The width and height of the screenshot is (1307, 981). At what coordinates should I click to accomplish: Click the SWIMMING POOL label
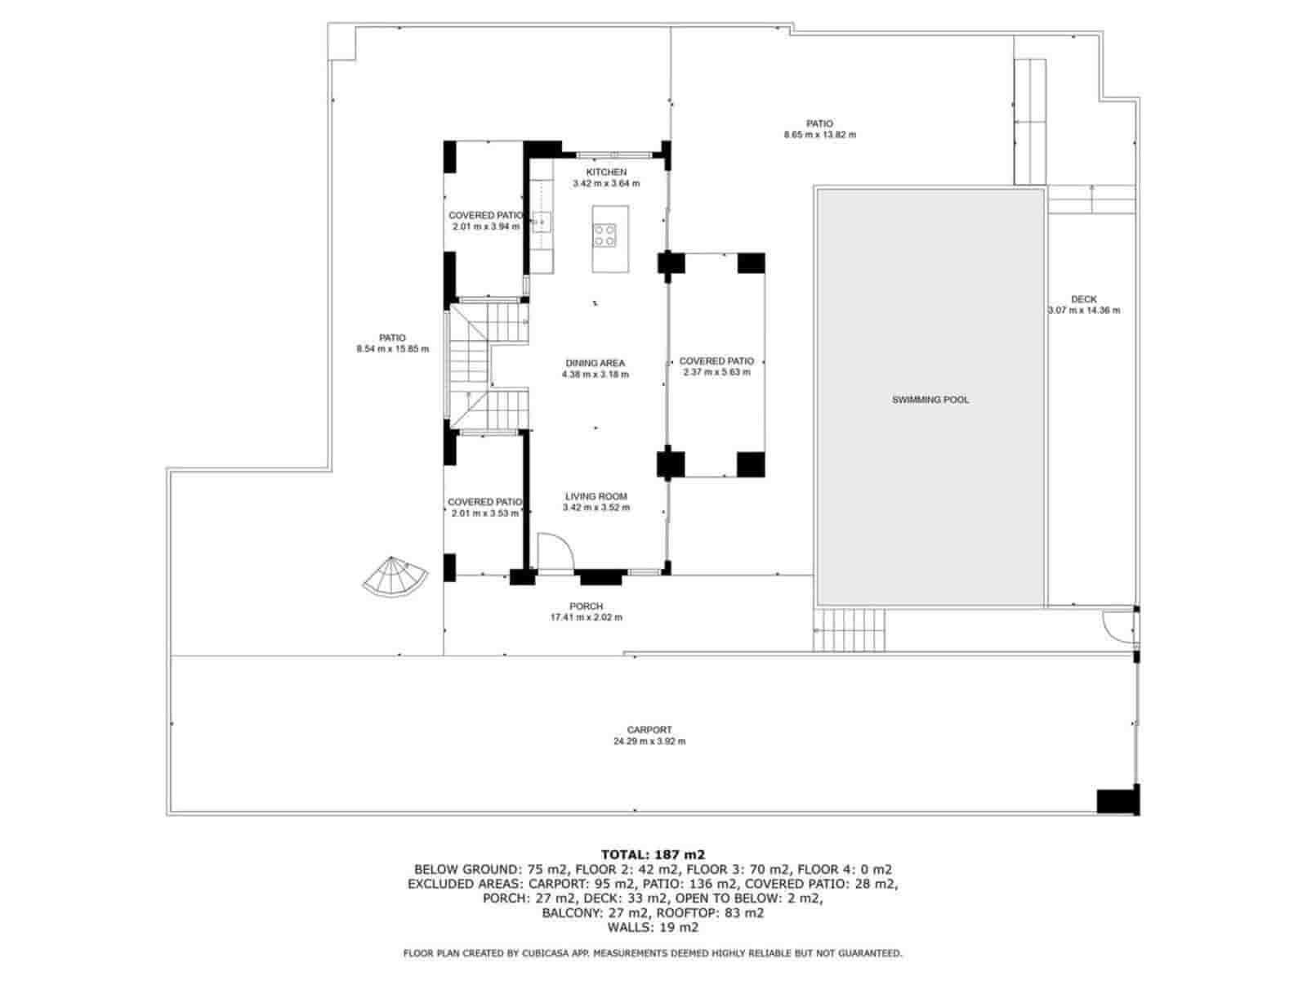pos(930,401)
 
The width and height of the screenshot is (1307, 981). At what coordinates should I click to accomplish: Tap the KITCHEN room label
pos(606,172)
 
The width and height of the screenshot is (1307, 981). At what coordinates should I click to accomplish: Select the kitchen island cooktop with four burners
pos(604,235)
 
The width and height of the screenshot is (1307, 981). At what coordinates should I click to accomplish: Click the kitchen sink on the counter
pos(542,222)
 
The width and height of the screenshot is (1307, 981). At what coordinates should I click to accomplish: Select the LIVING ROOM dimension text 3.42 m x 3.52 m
pos(596,508)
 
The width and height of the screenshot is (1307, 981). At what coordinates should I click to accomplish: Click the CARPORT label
pos(649,730)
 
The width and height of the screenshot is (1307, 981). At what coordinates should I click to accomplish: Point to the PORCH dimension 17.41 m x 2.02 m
pos(587,617)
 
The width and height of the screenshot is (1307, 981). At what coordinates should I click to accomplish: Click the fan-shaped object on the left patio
pos(395,576)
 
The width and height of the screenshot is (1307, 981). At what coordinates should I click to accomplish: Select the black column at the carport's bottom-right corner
pos(1117,800)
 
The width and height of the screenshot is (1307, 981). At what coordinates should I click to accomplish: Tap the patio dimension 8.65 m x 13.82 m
pos(820,135)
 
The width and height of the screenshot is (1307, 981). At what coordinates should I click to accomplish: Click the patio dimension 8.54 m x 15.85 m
pos(392,349)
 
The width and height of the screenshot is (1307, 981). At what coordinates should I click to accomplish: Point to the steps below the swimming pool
pos(849,629)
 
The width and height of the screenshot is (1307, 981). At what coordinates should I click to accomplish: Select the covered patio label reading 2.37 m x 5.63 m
pos(716,372)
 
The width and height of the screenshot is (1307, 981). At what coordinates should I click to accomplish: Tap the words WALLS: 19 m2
pos(653,927)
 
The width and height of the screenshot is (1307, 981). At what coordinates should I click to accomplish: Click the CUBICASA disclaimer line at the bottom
pos(653,953)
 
